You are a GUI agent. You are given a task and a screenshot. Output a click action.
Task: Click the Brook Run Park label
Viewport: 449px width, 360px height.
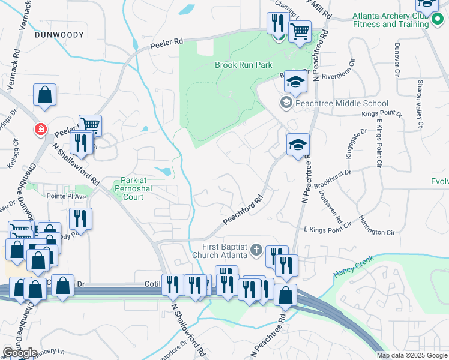[x=244, y=65]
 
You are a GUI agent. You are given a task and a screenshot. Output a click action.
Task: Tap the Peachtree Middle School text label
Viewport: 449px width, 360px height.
[x=342, y=104]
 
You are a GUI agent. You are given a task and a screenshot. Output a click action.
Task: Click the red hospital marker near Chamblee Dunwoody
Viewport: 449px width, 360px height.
[x=40, y=129]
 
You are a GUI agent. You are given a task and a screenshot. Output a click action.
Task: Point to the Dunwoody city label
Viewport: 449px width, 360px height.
[x=59, y=35]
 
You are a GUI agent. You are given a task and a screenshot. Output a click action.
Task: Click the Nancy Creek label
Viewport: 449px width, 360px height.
[x=353, y=266]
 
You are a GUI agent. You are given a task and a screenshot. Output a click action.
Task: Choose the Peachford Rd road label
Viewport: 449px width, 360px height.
[x=244, y=211]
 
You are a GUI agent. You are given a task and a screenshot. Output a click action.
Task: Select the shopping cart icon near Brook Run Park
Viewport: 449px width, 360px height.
[x=300, y=31]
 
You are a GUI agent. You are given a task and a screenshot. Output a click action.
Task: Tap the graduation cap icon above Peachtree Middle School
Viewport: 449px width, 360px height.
[x=295, y=82]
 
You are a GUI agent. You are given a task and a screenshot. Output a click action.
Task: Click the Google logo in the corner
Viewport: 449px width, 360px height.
[x=20, y=353]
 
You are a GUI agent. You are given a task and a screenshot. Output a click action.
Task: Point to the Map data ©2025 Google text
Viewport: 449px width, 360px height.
[x=412, y=355]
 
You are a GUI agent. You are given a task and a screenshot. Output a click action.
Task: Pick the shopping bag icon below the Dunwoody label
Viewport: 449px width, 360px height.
[x=45, y=95]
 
